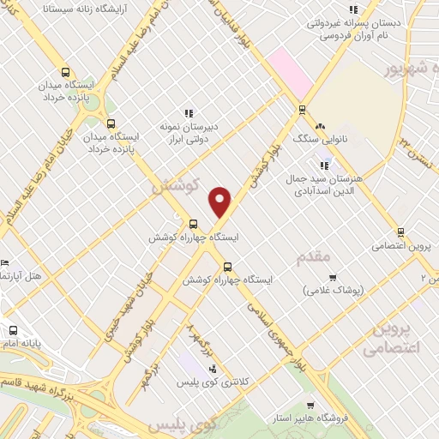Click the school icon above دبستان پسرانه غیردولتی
352,10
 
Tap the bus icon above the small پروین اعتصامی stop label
400,232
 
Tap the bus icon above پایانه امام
12,330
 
